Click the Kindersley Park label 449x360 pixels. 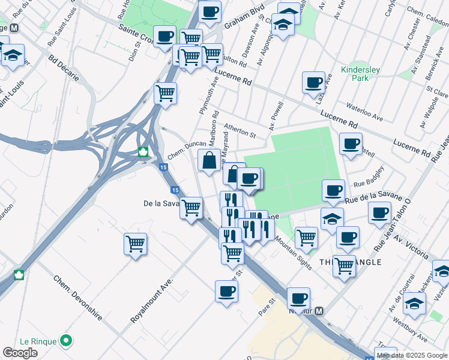360,74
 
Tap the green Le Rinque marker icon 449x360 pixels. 67,341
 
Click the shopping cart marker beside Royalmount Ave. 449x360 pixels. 136,244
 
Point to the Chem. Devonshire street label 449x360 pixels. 77,297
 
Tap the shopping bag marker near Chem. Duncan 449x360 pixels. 208,161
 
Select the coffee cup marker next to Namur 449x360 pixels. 298,298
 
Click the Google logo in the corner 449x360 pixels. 20,353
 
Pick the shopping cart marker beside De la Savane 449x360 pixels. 191,208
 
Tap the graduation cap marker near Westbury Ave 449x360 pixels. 414,304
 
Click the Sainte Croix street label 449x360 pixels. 137,36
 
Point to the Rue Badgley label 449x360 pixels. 368,182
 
